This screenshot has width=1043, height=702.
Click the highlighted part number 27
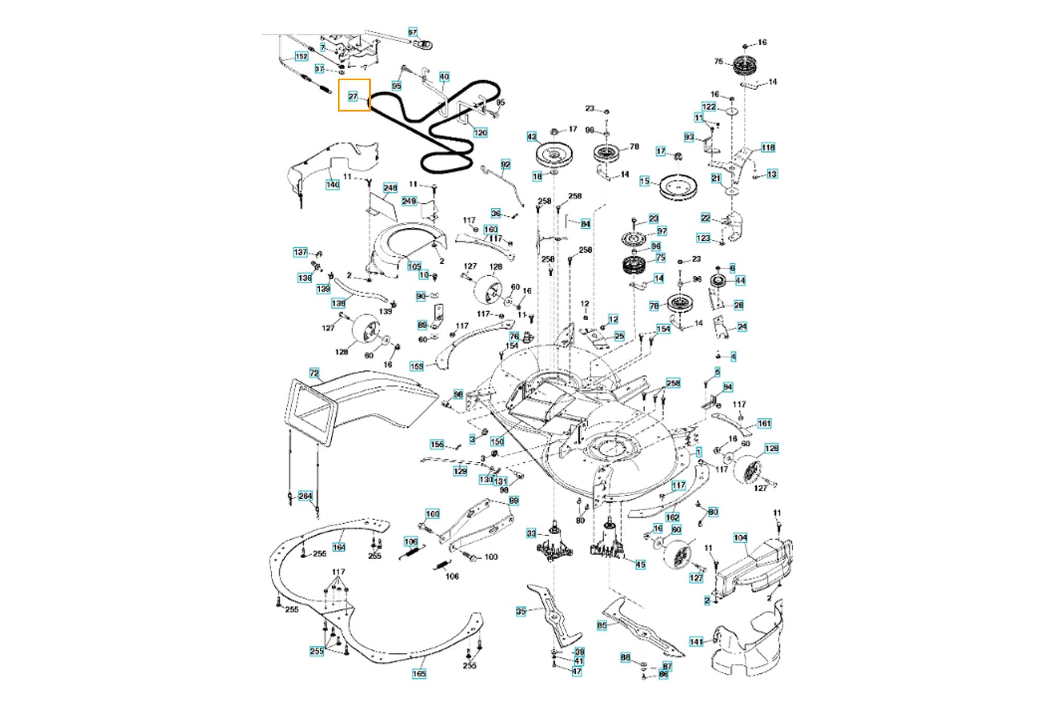pos(353,96)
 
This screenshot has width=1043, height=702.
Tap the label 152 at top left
pos(301,56)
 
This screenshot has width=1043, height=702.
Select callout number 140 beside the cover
pos(333,184)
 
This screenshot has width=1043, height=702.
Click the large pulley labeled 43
pos(555,155)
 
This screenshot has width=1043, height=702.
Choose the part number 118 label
pos(768,147)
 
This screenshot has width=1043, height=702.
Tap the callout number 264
pos(305,496)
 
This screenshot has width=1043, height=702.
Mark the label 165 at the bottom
pos(419,674)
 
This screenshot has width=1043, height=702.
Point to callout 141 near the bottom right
pos(696,642)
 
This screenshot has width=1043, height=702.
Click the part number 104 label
pos(741,538)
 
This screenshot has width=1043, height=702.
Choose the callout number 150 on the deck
pos(497,441)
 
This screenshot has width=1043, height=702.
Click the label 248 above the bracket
pos(390,188)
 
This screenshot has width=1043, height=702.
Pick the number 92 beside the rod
pos(505,165)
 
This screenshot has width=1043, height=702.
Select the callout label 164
pos(339,547)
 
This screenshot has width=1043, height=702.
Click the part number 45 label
pos(640,564)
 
